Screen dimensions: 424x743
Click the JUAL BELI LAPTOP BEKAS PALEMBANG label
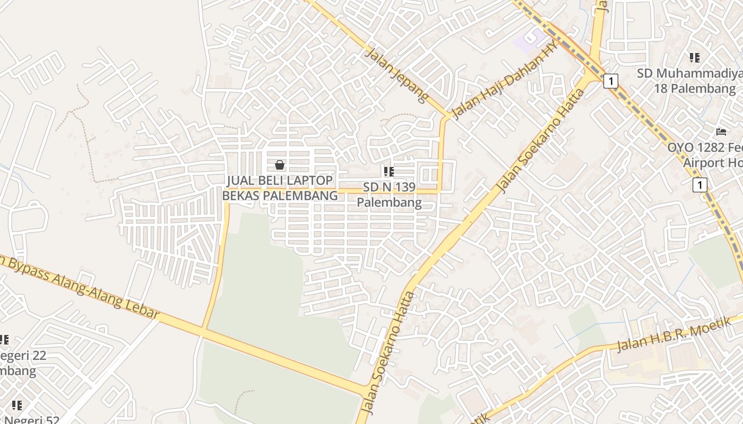coord(280,188)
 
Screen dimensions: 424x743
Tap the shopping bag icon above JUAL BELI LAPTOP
coord(280,165)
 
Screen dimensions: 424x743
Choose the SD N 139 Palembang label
coord(389,195)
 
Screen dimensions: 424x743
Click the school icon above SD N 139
coord(389,171)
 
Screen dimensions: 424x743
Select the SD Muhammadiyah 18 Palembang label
coord(695,81)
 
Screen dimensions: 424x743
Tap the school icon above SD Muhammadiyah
coord(694,57)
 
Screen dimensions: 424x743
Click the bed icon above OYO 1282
coord(721,131)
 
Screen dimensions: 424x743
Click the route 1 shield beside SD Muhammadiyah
coord(611,81)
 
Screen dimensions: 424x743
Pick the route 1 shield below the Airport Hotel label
coord(700,185)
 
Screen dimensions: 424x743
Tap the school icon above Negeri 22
coord(4,339)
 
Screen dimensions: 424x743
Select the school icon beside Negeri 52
coord(17,405)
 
